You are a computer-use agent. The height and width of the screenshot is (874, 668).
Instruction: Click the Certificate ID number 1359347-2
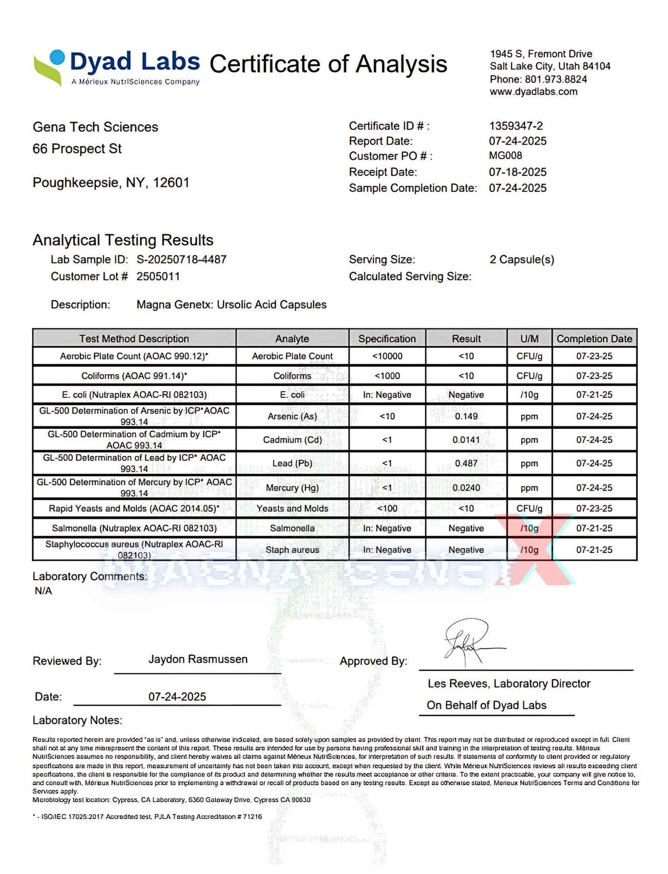[515, 126]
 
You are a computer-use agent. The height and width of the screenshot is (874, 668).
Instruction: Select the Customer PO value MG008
[505, 156]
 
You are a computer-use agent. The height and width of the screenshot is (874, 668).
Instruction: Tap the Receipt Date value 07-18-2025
[518, 172]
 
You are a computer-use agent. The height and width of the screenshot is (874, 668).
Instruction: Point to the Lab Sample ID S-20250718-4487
[181, 259]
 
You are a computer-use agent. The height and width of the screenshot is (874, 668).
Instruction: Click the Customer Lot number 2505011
[158, 276]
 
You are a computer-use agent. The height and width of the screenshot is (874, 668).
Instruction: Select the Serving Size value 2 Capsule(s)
[522, 259]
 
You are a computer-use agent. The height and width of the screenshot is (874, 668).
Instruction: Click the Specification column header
[387, 338]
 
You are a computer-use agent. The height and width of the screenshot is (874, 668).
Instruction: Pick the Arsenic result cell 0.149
[466, 416]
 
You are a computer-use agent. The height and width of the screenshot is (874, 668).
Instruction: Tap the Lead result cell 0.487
[466, 463]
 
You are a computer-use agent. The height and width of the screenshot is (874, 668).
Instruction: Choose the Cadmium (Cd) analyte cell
[292, 440]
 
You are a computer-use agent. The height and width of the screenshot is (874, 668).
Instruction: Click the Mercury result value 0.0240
[466, 488]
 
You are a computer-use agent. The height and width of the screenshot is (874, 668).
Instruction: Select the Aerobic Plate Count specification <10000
[387, 356]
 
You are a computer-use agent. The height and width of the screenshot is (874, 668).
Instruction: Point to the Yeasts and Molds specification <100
[387, 508]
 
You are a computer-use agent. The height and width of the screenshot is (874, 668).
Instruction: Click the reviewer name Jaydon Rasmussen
[198, 659]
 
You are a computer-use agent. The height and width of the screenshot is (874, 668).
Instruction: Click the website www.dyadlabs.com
[533, 92]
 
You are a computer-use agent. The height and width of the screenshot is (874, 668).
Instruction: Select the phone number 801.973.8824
[556, 79]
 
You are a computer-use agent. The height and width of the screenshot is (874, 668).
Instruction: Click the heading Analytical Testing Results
[123, 240]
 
